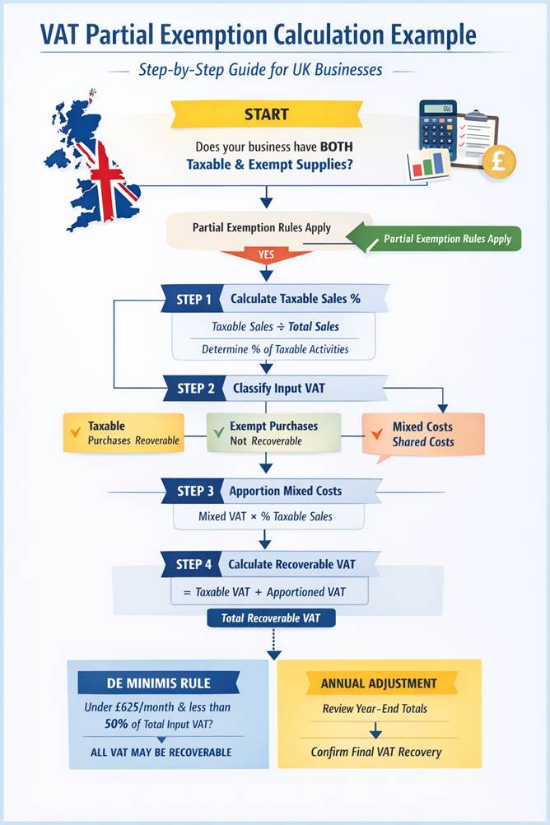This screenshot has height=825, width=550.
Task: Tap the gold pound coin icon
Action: [499, 161]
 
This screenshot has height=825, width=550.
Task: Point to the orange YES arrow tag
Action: [267, 255]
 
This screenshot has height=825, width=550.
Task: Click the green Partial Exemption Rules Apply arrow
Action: [436, 239]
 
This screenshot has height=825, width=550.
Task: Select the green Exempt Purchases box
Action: [273, 433]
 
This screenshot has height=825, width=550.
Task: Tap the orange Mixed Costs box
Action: [423, 434]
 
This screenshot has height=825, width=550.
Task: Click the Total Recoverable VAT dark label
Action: [271, 618]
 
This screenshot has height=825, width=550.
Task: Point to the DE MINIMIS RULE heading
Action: [158, 683]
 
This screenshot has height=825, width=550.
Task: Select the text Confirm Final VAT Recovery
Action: [376, 752]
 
